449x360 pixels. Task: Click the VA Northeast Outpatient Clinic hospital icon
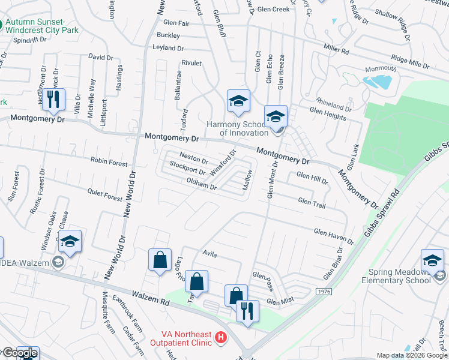[221, 338]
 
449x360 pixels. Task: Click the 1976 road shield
[323, 291]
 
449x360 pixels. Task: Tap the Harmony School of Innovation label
[237, 128]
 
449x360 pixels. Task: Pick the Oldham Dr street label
[201, 184]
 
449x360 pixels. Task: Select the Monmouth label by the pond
[380, 68]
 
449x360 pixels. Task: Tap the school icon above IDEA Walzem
[70, 241]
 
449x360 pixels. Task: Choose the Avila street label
[209, 255]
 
